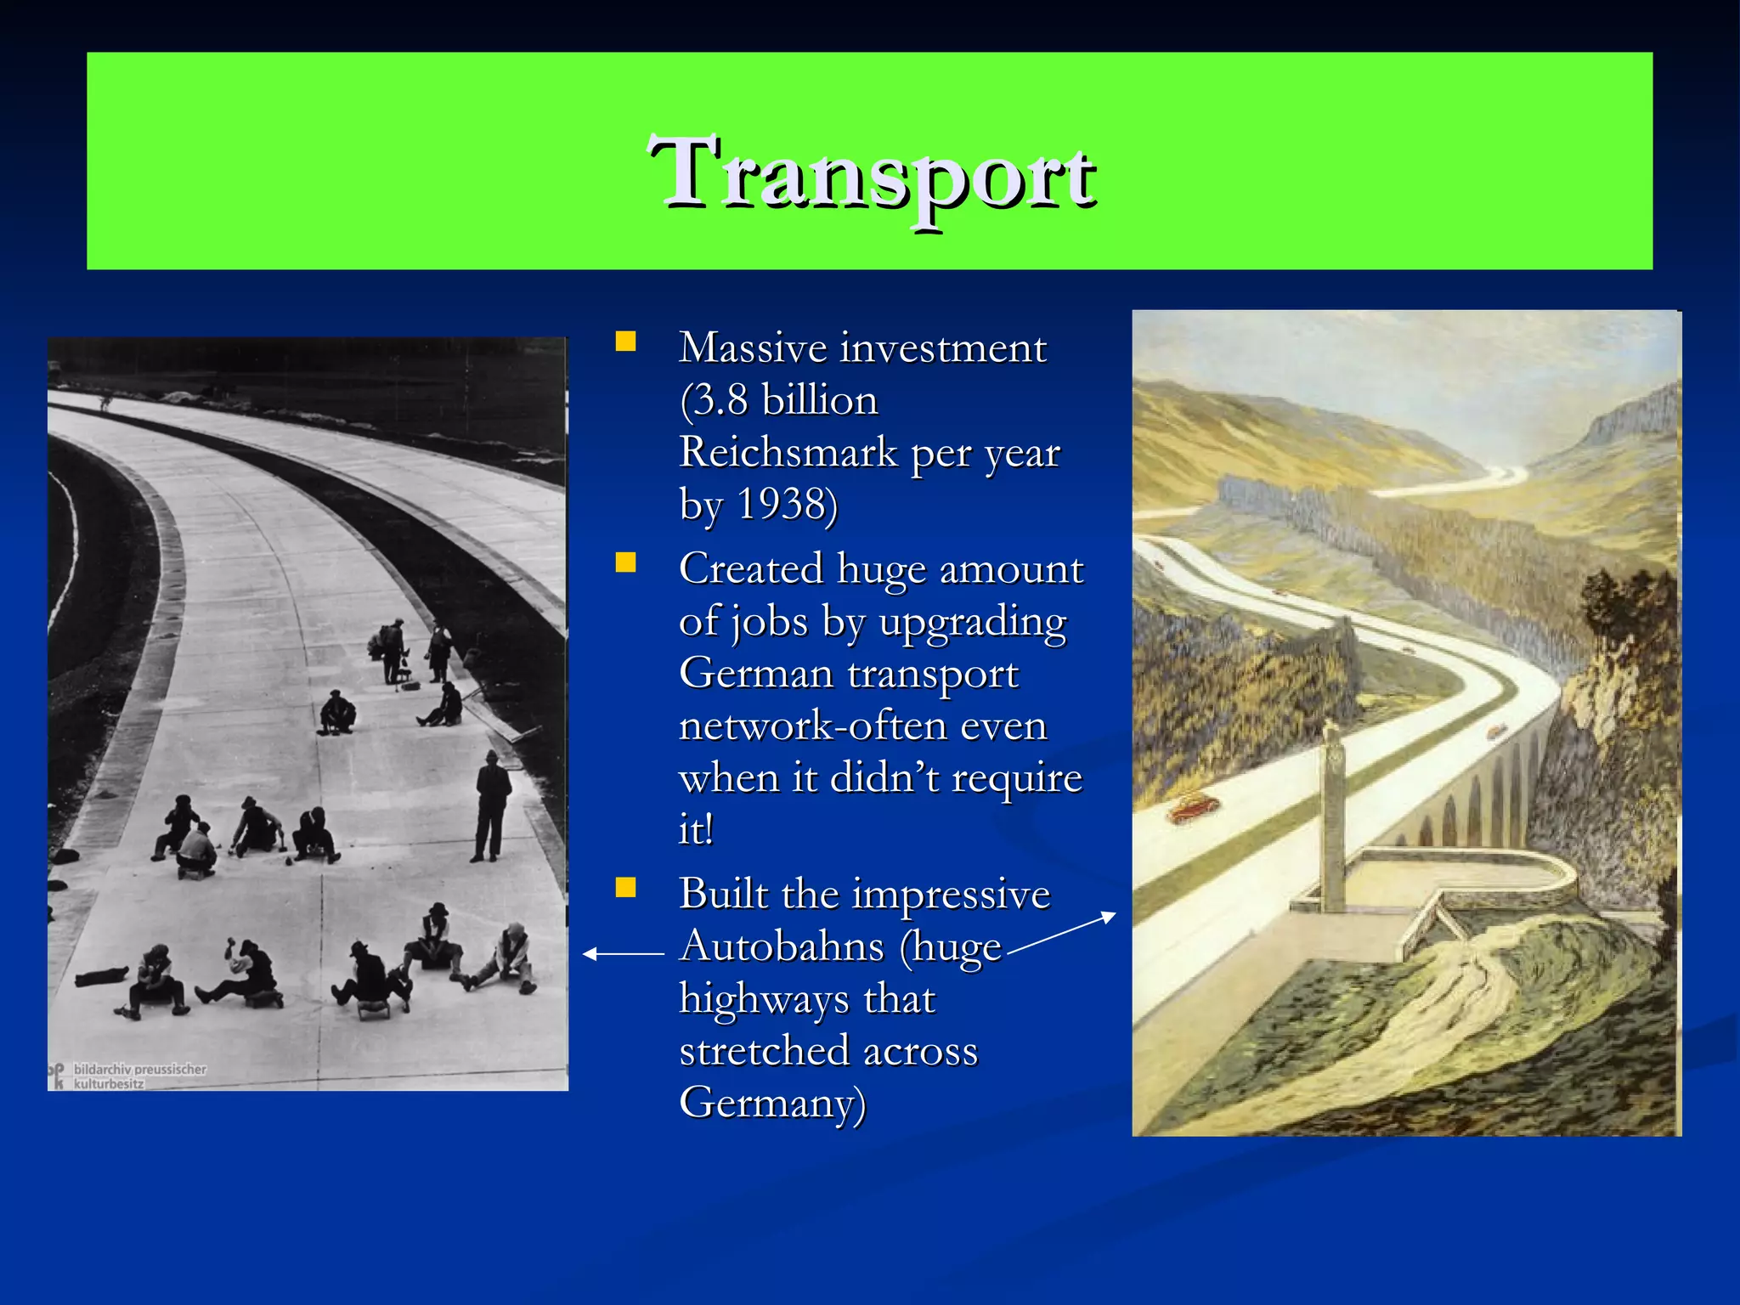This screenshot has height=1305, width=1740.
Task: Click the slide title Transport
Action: tap(871, 174)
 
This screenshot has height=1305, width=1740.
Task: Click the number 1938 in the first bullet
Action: tap(781, 504)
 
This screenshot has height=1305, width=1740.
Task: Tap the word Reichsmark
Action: tap(788, 452)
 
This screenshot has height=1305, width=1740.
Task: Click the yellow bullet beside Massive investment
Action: tap(626, 342)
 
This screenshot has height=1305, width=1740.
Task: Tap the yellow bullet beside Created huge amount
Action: tap(626, 563)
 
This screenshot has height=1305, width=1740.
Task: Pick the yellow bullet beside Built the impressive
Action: tap(626, 889)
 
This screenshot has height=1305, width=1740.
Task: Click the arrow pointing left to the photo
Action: tap(623, 954)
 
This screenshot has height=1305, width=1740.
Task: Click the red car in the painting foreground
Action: tap(1193, 806)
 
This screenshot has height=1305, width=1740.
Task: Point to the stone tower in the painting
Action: tap(1333, 816)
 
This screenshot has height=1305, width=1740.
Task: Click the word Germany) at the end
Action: tap(772, 1103)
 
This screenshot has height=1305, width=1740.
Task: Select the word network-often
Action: tap(862, 726)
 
